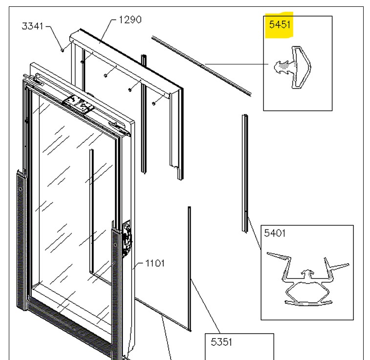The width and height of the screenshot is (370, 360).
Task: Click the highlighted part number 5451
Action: click(279, 24)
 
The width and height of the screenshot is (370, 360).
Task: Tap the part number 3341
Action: click(33, 26)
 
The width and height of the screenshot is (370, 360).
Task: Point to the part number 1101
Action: click(156, 264)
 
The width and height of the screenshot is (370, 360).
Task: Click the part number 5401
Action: click(275, 233)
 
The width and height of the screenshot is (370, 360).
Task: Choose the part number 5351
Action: click(221, 342)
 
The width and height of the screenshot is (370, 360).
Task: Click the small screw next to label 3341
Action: click(63, 49)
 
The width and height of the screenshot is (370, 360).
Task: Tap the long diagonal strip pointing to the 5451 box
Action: click(200, 65)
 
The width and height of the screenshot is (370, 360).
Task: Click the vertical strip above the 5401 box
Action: click(244, 171)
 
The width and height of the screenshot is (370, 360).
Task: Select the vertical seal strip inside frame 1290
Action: click(143, 112)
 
